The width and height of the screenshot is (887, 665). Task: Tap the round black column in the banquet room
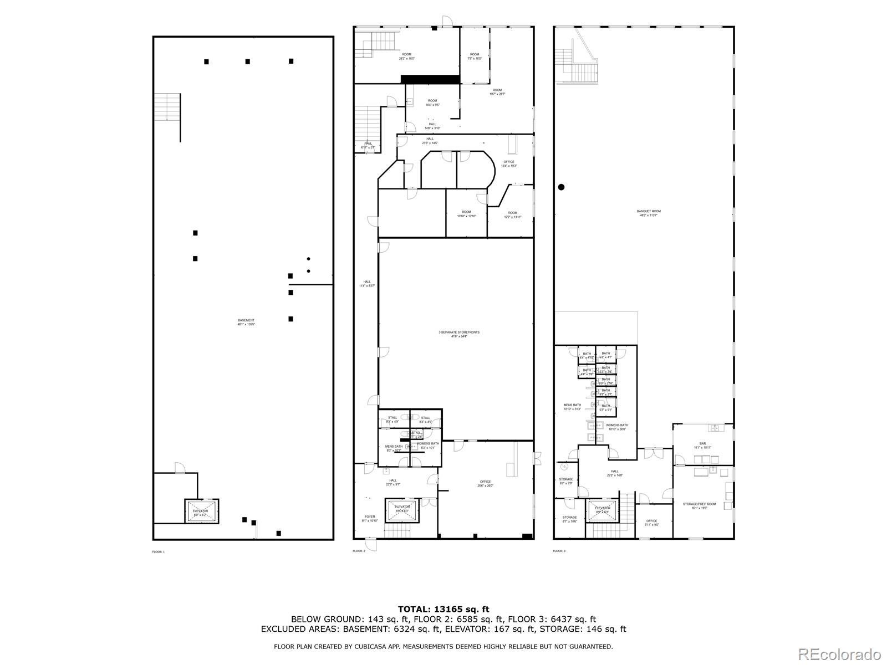click(x=561, y=187)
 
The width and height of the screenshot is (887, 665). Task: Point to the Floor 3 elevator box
click(x=603, y=510)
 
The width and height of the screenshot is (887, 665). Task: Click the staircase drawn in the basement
click(x=167, y=107)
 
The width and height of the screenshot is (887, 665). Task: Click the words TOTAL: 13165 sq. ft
click(x=443, y=610)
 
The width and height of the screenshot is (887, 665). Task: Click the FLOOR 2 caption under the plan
click(x=359, y=551)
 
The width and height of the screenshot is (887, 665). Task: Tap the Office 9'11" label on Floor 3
click(x=651, y=523)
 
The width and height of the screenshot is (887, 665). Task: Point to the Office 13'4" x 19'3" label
click(x=509, y=163)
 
